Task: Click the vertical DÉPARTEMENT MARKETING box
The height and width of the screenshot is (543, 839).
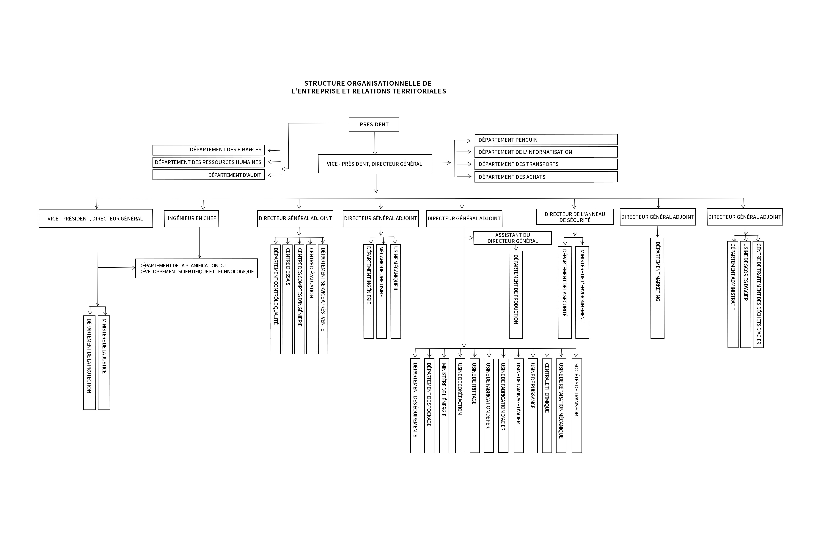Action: [657, 288]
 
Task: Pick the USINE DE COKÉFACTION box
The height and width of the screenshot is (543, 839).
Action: [460, 405]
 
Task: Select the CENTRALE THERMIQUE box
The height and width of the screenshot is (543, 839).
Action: [547, 405]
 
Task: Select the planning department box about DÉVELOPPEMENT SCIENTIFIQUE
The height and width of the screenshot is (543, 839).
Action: [196, 268]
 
